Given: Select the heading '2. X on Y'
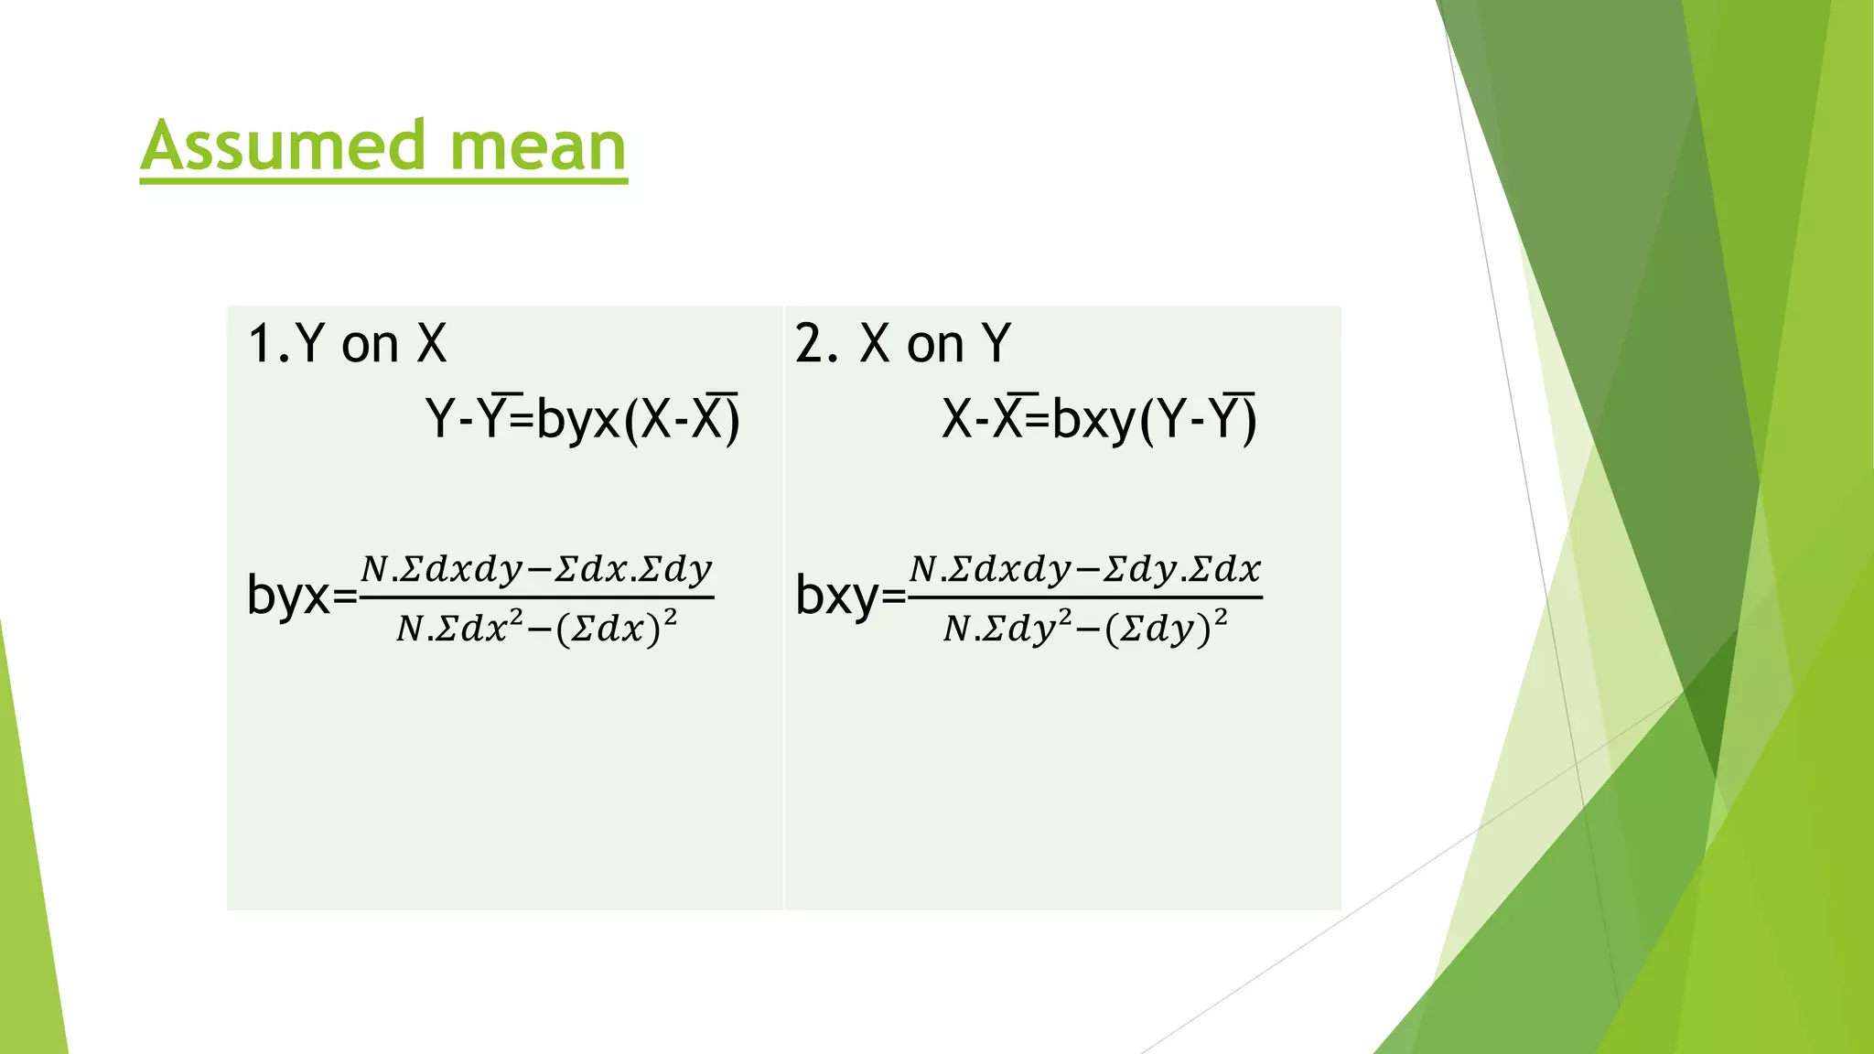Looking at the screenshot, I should tap(902, 345).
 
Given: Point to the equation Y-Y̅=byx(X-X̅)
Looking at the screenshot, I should tap(583, 421).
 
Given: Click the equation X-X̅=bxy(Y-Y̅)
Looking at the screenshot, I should tap(1099, 421).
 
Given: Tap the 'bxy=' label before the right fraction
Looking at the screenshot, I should tap(850, 597).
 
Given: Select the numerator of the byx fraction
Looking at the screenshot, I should tap(536, 570).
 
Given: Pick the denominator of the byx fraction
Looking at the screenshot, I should tap(536, 629).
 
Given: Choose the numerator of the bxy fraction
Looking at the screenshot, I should tap(1085, 570).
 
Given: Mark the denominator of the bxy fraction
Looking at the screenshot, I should tap(1085, 629).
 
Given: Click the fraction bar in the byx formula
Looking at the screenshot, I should tap(536, 598).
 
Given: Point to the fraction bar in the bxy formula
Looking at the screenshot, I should tap(1085, 598).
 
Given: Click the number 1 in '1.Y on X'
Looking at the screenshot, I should tap(261, 345).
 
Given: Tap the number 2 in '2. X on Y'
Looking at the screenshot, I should tap(809, 345).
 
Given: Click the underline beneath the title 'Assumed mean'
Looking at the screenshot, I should tap(383, 181).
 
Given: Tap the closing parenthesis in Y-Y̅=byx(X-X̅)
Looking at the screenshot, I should tap(733, 422).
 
